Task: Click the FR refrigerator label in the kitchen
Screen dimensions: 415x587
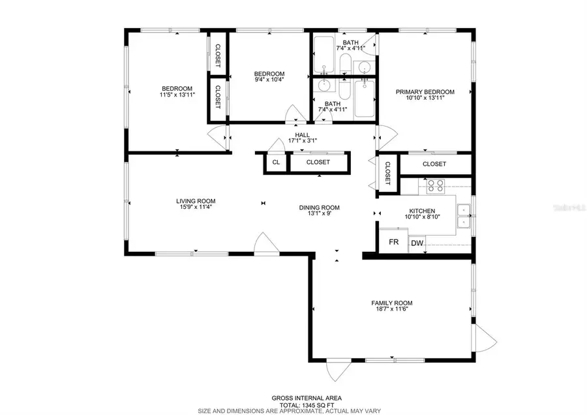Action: (x=393, y=241)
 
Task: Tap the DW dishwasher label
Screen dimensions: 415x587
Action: (x=416, y=244)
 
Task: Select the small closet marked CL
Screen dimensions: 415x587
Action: (x=276, y=162)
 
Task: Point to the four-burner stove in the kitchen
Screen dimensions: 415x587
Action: (x=436, y=185)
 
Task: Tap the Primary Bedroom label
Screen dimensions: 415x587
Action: (x=425, y=92)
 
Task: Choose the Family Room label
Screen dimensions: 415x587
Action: (x=391, y=303)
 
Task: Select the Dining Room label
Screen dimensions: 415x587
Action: (x=319, y=207)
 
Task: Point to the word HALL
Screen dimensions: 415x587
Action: (x=302, y=134)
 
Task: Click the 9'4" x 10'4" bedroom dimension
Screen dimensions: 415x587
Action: (x=269, y=80)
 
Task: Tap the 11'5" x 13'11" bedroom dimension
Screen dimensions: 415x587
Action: (x=177, y=95)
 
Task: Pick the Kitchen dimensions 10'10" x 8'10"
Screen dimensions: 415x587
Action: (x=421, y=219)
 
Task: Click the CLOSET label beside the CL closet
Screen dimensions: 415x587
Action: (x=318, y=162)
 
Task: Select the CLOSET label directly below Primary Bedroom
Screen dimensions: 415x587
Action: (x=434, y=164)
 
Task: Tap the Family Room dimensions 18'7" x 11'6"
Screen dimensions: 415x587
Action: (x=391, y=310)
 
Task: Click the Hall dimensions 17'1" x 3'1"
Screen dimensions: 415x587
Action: (x=302, y=141)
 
